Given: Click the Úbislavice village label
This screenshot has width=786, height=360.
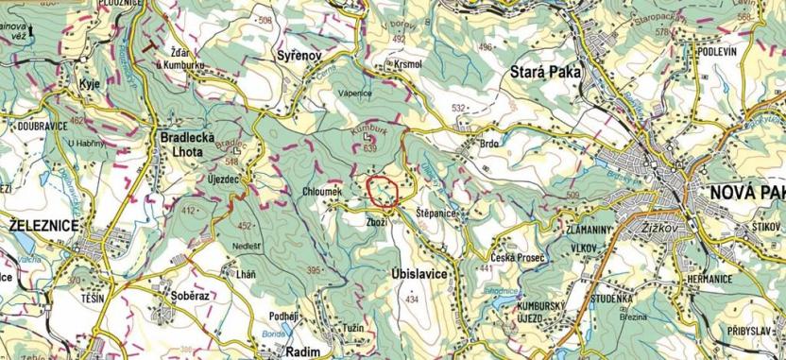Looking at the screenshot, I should [x=416, y=271].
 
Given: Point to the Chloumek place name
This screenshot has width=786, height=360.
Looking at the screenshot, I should [x=321, y=192].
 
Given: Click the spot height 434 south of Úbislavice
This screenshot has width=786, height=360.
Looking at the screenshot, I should [x=411, y=300].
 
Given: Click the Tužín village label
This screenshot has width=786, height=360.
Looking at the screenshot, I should [x=352, y=326].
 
